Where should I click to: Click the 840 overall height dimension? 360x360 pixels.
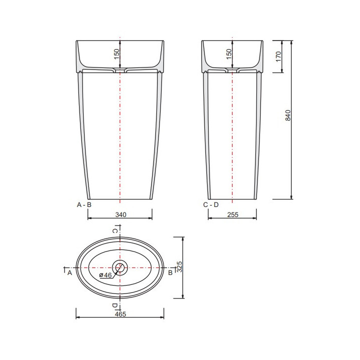pos(287,115)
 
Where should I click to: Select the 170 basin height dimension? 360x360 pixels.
pos(278,56)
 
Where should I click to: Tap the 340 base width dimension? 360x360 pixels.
pos(121,214)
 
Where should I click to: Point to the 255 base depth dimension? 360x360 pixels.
pos(233,214)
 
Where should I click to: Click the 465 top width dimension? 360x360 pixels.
pos(120,314)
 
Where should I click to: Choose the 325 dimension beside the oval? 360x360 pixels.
pos(179,266)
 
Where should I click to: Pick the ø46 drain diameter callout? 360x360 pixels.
pos(105,275)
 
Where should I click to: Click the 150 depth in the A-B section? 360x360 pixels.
pos(116,54)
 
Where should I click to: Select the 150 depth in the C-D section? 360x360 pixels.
pos(229,54)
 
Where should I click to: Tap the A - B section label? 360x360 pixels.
pos(84,204)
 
